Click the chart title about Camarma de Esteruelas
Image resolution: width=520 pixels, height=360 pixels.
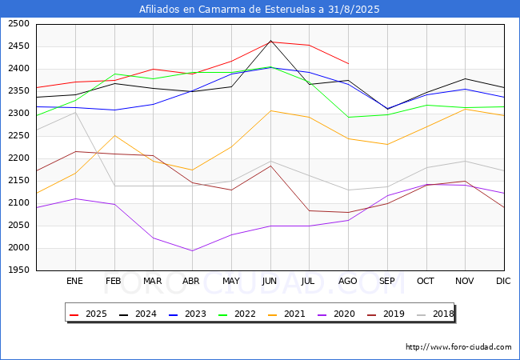click(x=259, y=10)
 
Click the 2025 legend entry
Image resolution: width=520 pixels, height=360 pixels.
click(x=90, y=314)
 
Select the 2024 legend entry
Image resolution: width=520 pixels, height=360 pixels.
click(x=138, y=314)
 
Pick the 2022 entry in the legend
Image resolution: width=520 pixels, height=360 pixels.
click(x=238, y=314)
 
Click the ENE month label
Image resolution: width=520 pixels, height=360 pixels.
click(x=74, y=281)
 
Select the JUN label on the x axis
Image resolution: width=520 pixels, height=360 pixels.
click(x=270, y=281)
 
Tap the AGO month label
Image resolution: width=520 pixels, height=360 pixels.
click(x=348, y=281)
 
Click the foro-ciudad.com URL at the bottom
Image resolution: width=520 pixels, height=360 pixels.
click(x=458, y=347)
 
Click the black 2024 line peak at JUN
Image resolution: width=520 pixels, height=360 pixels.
click(x=270, y=40)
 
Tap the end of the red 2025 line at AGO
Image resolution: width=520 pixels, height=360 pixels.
click(x=348, y=63)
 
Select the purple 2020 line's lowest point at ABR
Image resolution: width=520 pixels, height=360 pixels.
click(x=192, y=250)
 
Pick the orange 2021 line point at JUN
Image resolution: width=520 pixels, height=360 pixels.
click(x=270, y=110)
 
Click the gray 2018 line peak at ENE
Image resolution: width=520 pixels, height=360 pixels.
click(x=74, y=112)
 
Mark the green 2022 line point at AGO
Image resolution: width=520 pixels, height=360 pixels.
click(x=348, y=118)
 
